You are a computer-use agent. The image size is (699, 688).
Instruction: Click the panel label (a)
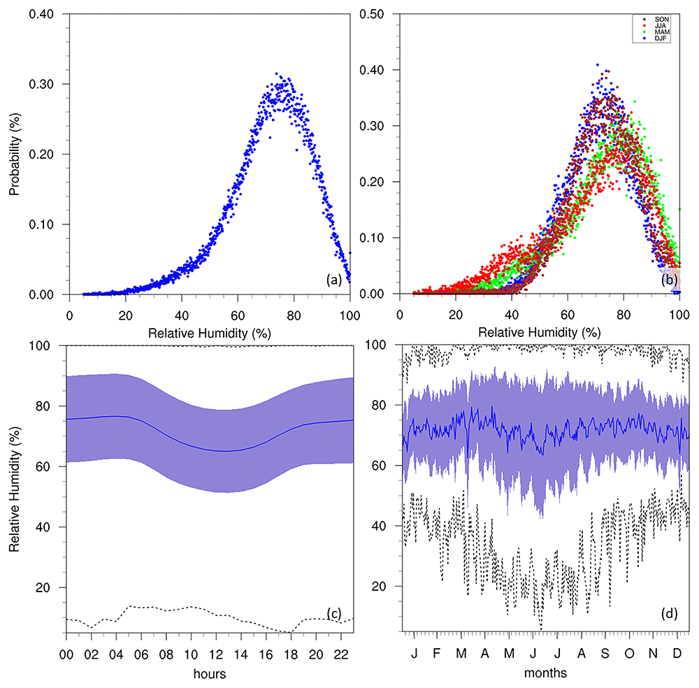click(334, 280)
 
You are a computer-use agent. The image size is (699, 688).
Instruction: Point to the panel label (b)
click(669, 280)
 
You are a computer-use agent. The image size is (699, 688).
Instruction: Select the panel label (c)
click(334, 614)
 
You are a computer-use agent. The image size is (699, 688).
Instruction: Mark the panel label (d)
click(669, 614)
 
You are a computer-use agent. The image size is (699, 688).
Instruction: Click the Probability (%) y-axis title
click(15, 155)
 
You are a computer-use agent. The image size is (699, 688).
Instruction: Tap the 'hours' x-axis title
click(210, 673)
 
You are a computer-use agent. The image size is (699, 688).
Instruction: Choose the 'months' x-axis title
click(545, 673)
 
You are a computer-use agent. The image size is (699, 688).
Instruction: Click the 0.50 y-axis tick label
click(372, 14)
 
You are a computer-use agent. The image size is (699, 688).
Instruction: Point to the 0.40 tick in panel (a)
click(41, 14)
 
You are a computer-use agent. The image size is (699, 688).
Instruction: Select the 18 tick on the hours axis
click(291, 654)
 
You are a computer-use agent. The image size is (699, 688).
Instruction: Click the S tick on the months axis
click(605, 653)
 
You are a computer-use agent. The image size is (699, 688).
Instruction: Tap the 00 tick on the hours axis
click(66, 654)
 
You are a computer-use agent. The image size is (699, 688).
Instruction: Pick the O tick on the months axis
click(629, 653)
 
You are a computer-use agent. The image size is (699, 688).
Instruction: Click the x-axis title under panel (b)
click(540, 332)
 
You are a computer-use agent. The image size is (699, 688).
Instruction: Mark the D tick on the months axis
click(677, 653)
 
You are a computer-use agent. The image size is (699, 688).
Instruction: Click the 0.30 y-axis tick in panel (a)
click(41, 85)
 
